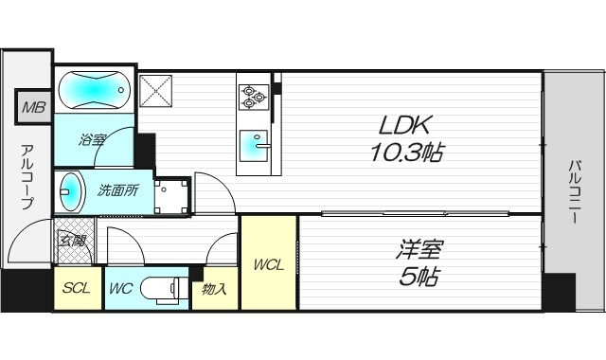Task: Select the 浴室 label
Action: tap(92, 140)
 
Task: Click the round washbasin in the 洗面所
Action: tap(69, 191)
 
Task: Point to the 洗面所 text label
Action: tap(118, 189)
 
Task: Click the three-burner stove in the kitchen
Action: tap(253, 94)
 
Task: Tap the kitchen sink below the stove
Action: tap(254, 145)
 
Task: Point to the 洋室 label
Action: tap(419, 252)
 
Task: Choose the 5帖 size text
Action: tap(419, 277)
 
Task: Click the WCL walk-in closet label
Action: tap(268, 265)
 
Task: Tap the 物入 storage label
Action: tap(215, 289)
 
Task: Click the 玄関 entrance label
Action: tap(72, 239)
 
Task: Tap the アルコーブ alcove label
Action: tap(27, 177)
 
